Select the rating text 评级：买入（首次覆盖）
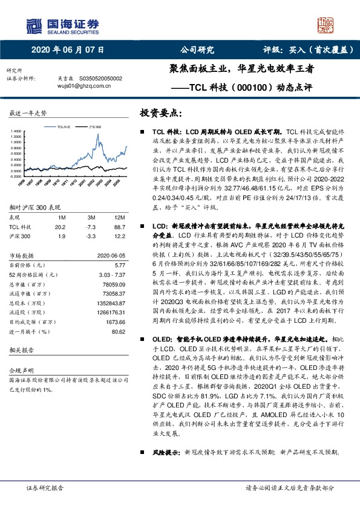click(309, 50)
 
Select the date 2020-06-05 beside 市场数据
click(111, 255)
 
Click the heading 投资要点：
click(160, 113)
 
